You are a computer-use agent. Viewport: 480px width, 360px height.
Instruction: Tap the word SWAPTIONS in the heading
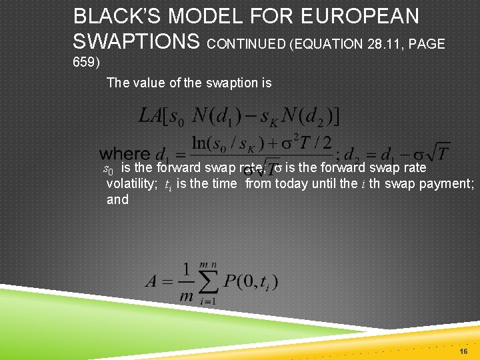click(137, 42)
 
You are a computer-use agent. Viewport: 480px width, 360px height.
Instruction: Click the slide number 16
click(463, 351)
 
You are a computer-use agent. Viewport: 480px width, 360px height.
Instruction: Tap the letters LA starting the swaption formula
click(150, 116)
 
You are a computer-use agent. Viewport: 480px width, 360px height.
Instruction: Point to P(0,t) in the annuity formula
click(251, 281)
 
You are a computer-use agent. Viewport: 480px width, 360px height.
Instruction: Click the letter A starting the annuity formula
click(152, 281)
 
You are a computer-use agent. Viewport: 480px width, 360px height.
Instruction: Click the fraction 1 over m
click(187, 282)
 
